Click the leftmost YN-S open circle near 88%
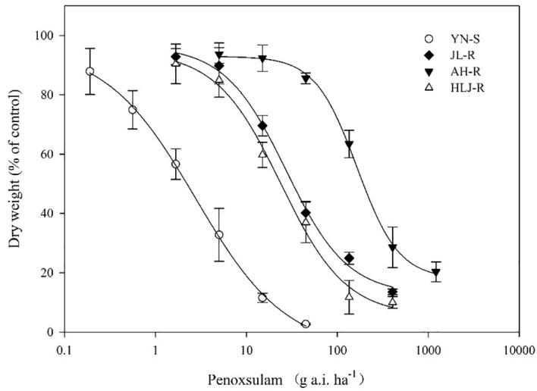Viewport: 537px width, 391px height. tap(90, 71)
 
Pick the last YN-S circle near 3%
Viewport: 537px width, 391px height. tap(306, 324)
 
